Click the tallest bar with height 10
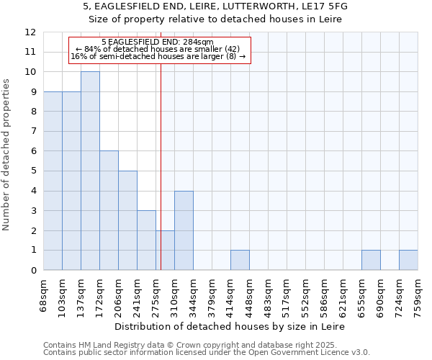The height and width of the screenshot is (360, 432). coord(90,171)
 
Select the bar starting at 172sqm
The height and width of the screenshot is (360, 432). coord(109,210)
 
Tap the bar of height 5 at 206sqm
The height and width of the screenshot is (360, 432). coord(127,220)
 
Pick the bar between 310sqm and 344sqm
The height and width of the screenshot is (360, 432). coord(184,230)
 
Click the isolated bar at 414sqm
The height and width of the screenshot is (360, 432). coord(240,260)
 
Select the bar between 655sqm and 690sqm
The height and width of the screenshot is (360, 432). coord(371,260)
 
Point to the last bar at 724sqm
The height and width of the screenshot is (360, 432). coord(408,260)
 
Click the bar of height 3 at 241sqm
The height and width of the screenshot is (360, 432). coord(146,240)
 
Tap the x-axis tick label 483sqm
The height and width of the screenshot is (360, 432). coord(269,296)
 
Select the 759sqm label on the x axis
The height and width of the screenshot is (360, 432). coord(418,296)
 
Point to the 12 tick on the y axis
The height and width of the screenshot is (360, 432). coord(30,32)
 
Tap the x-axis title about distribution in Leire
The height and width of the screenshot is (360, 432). coord(230,326)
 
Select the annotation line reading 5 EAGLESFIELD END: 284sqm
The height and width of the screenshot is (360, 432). coord(158,42)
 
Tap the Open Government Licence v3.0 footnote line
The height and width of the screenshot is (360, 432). coord(207,353)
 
